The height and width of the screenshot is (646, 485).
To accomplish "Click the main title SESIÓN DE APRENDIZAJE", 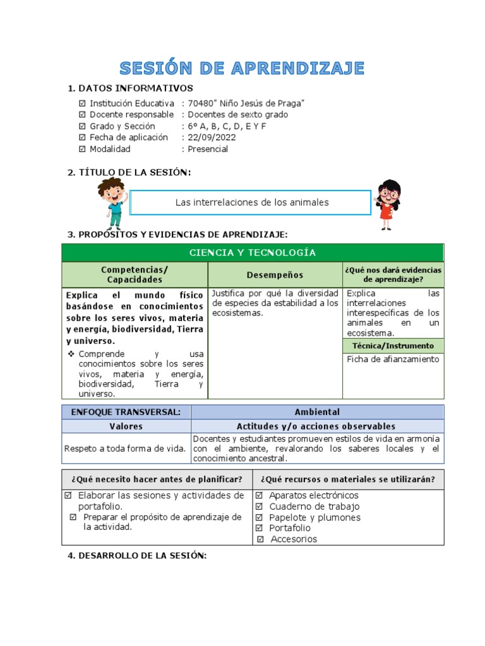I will [x=242, y=68].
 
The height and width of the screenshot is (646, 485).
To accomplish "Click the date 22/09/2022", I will [x=208, y=138].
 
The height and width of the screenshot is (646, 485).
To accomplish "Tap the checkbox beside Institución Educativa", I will [x=82, y=103].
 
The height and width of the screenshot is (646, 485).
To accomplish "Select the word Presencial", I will [x=208, y=150].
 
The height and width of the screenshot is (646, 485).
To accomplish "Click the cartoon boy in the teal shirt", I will [x=112, y=203].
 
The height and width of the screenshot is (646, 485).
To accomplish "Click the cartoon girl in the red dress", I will [x=388, y=204].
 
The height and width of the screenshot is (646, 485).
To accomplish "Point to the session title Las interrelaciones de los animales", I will [x=251, y=203].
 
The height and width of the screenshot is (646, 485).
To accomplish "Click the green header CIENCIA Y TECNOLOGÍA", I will [x=253, y=253].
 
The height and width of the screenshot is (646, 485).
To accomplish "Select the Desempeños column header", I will [x=275, y=275].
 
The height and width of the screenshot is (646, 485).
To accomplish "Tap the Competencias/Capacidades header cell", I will [x=135, y=274].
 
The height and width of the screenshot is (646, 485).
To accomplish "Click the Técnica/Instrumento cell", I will [x=393, y=346].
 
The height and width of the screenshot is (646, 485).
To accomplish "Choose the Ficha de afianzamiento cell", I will [x=392, y=359].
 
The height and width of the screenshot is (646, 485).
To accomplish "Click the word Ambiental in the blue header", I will [x=317, y=412].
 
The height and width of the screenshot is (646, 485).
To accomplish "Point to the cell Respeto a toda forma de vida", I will [x=125, y=449].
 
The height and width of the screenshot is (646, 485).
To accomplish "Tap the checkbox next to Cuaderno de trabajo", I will [x=260, y=507].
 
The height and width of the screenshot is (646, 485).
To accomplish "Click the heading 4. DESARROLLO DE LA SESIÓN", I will [x=137, y=555].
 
